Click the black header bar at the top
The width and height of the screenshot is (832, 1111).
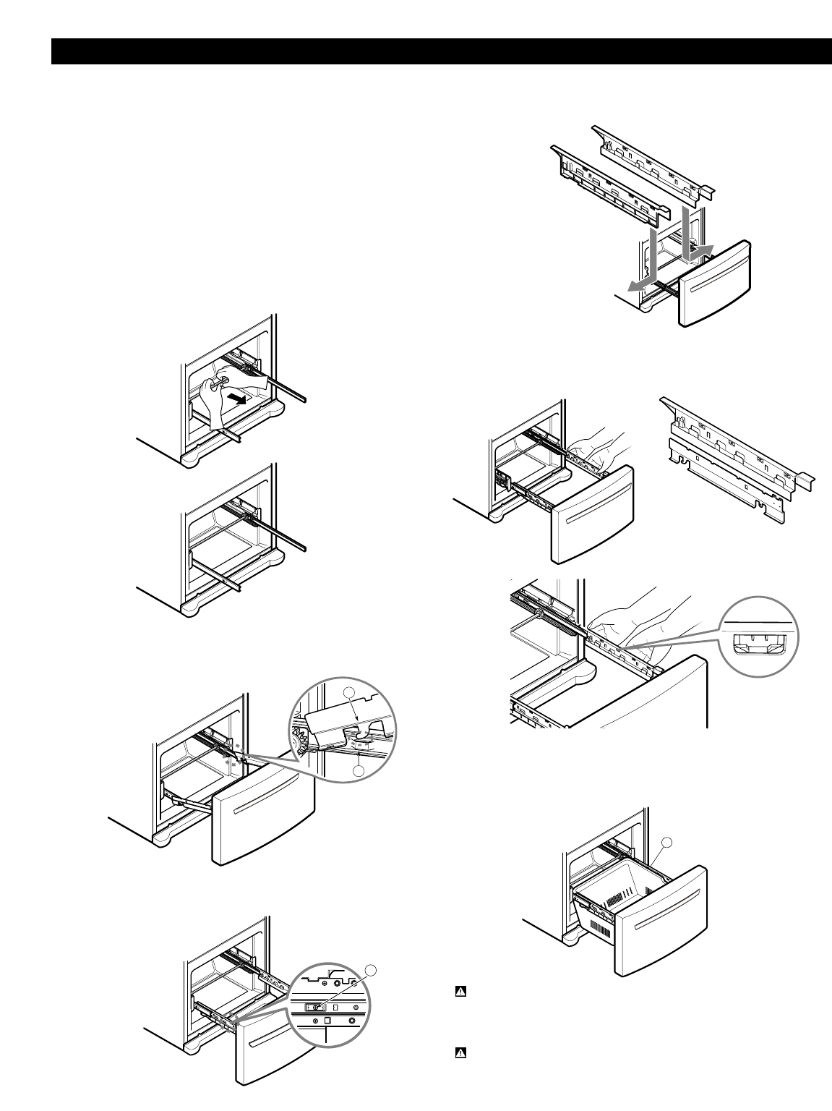(x=441, y=51)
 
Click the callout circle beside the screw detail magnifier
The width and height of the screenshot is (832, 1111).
(x=372, y=970)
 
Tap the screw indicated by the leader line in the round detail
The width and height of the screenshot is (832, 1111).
(x=315, y=1005)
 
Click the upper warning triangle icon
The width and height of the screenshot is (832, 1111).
(x=459, y=992)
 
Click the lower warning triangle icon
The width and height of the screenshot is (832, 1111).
(x=459, y=1053)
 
